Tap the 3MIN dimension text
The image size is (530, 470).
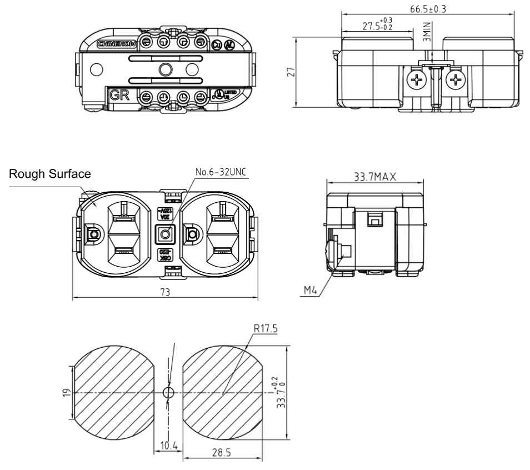426,29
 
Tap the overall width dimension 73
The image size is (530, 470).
166,292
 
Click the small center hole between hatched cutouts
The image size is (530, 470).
168,392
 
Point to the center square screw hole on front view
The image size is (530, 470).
164,235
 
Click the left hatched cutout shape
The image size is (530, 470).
113,392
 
